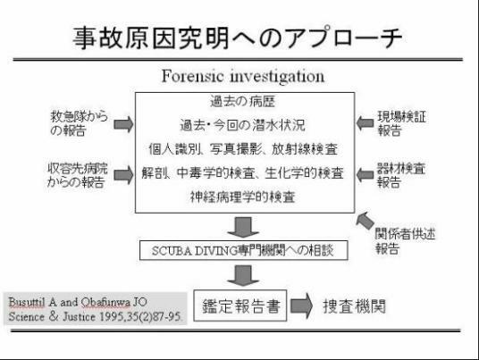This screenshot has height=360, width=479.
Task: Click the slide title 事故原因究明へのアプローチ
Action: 238,38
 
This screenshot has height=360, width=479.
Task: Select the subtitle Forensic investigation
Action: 243,76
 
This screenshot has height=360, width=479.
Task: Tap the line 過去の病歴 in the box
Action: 243,101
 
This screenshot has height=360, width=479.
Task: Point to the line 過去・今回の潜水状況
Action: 242,125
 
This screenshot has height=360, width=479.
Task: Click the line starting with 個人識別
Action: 243,149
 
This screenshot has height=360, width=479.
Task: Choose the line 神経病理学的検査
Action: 243,197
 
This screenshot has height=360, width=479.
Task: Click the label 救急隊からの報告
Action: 80,123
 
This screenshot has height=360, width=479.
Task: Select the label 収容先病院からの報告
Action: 78,175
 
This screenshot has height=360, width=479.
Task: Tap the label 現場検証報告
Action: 402,123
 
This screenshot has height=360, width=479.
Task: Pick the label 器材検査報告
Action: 401,175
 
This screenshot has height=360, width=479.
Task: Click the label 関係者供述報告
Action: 405,241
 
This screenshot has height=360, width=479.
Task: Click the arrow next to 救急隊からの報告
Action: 123,124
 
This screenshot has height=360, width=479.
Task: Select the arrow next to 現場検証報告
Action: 365,123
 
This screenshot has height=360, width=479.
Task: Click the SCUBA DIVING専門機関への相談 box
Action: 243,250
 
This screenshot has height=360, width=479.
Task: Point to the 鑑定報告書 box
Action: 240,306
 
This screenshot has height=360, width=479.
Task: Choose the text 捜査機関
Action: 355,306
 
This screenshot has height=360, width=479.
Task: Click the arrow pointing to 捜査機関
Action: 301,306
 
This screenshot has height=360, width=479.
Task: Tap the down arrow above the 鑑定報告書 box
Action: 243,275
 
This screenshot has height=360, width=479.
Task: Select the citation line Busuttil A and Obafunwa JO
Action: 78,302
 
